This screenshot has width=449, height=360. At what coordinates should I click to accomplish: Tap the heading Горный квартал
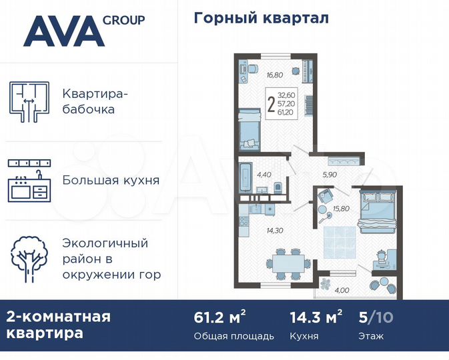click(261, 18)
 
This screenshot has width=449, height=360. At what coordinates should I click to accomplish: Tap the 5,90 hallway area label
click(330, 175)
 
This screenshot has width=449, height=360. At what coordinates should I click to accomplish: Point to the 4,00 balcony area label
click(342, 289)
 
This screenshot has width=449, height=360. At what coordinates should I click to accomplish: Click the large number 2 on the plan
click(270, 105)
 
